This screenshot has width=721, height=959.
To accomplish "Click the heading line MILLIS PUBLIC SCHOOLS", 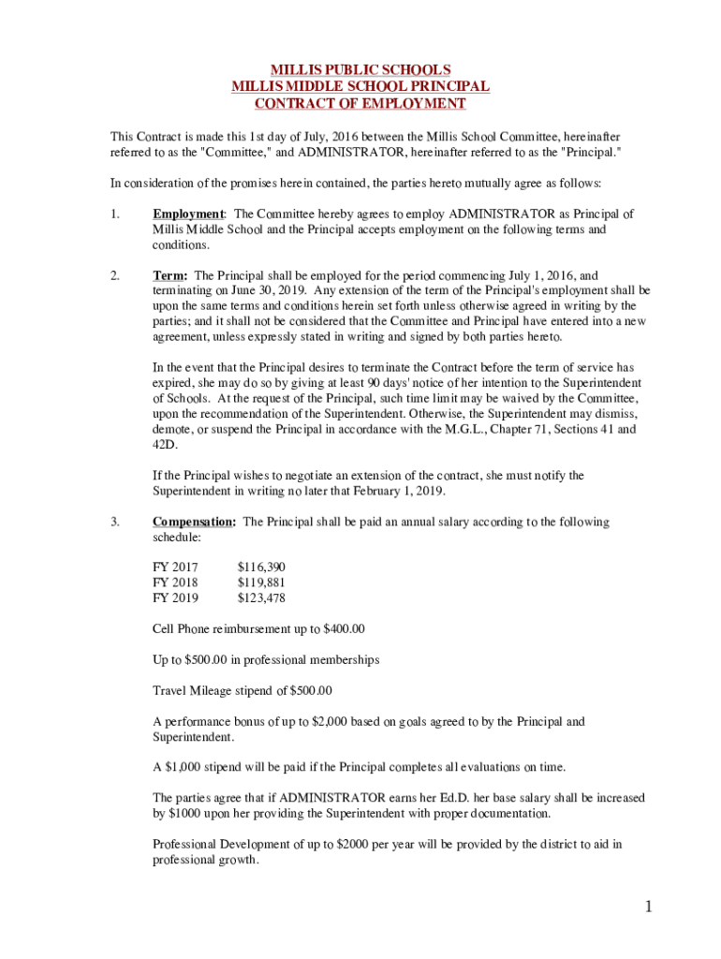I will tap(360, 70).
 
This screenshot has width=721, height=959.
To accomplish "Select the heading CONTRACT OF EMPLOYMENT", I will tap(360, 103).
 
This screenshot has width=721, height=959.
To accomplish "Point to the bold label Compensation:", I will tap(194, 522).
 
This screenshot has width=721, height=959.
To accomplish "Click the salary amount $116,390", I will tap(261, 567).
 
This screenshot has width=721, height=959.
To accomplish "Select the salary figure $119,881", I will tap(261, 583).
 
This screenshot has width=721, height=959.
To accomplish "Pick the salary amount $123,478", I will tap(261, 598).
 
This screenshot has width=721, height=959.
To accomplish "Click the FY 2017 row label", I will tap(175, 567).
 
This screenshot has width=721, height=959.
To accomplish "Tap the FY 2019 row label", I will tap(175, 598).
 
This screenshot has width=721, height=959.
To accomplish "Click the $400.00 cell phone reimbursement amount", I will tap(343, 628).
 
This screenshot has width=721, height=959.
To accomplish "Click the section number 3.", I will tap(114, 522).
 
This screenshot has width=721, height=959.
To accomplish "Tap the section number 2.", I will tap(114, 275).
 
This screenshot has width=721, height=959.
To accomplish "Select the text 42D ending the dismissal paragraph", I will tap(165, 445).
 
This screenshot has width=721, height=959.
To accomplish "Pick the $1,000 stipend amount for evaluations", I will tap(186, 767).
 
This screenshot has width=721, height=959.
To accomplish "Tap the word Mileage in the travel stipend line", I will tap(213, 691).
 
